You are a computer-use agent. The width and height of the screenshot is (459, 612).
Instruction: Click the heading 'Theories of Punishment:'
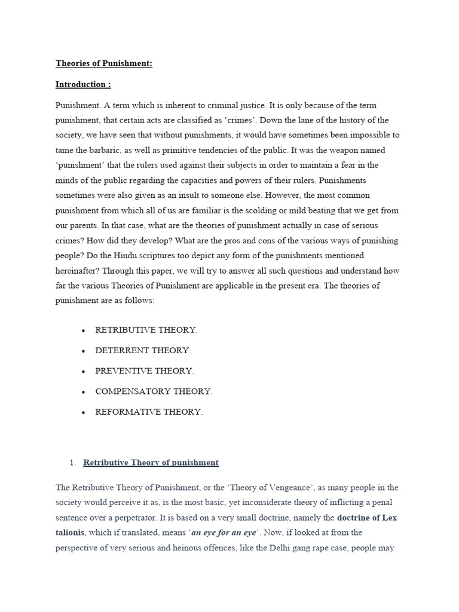click(104, 63)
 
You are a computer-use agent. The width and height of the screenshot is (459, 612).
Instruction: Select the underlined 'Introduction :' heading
click(83, 84)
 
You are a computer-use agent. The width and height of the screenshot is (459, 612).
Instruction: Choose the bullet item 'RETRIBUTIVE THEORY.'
click(146, 330)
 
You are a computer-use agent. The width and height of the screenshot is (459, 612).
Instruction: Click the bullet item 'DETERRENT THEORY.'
click(143, 350)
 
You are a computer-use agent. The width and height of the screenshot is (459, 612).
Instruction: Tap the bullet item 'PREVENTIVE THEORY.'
click(145, 371)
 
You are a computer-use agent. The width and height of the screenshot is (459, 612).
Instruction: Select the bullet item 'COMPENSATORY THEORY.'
click(154, 391)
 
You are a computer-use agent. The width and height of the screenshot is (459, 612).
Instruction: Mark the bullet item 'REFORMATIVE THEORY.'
click(149, 412)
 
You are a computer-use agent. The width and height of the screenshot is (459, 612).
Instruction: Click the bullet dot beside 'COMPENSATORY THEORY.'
click(83, 392)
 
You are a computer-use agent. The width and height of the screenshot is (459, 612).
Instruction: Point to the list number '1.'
click(73, 463)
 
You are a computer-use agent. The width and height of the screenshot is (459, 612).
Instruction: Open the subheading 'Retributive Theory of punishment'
click(151, 463)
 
